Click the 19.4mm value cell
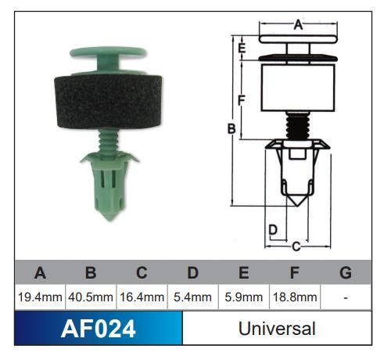click(39, 297)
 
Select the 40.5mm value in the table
click(91, 297)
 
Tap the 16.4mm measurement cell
click(142, 297)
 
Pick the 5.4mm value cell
click(192, 297)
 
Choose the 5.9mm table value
click(243, 297)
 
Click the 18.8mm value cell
click(294, 297)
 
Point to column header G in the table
click(345, 273)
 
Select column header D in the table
click(192, 273)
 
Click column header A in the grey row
click(39, 273)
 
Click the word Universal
click(277, 329)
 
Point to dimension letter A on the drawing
click(298, 25)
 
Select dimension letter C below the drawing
click(296, 247)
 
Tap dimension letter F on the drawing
click(242, 100)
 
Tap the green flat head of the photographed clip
click(108, 53)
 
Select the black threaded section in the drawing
click(296, 127)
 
